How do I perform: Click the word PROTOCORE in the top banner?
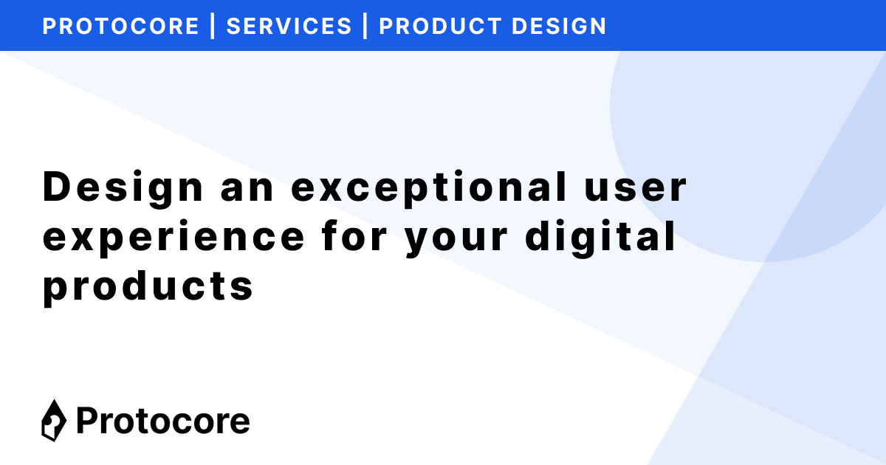(121, 26)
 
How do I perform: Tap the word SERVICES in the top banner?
(289, 26)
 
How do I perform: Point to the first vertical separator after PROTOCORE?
(213, 26)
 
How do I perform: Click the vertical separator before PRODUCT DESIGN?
(365, 26)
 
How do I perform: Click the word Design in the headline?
(123, 188)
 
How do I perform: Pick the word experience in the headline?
(174, 237)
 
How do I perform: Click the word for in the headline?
(355, 237)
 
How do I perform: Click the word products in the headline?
(148, 286)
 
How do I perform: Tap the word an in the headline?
(248, 188)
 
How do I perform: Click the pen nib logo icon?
(53, 421)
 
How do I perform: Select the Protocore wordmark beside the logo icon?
(163, 421)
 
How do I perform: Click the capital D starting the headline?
(58, 188)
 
